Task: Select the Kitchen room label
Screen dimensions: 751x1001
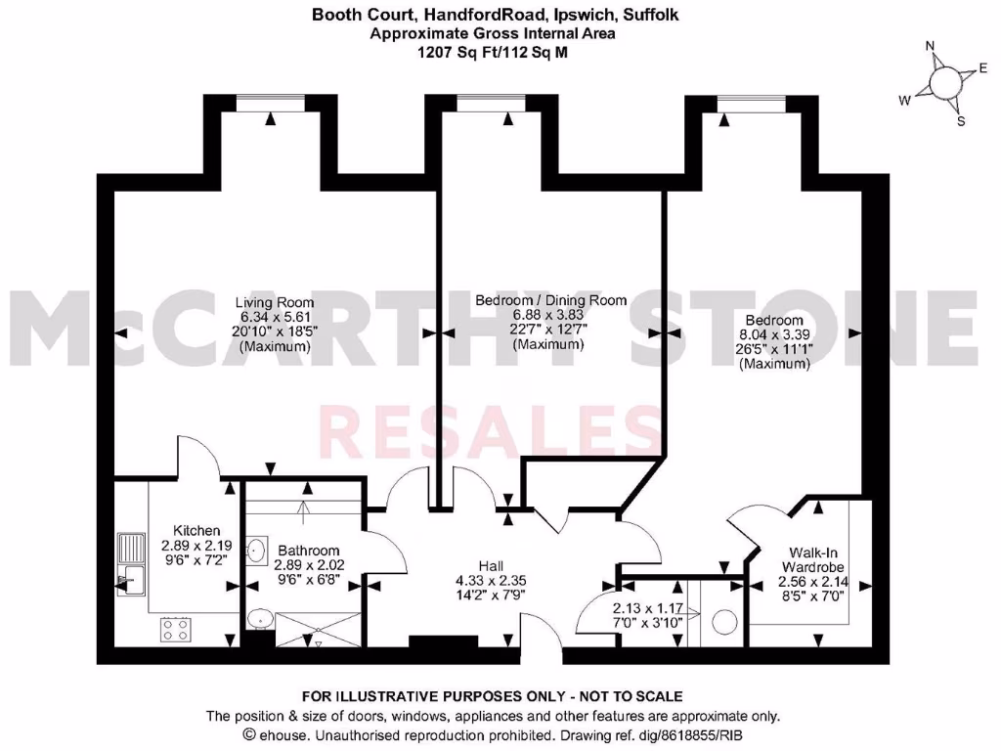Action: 196,531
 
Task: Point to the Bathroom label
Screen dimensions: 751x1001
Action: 307,551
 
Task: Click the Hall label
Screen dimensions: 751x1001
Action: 491,566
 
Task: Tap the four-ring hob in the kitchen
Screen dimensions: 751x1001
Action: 176,629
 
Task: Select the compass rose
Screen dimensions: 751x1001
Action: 943,83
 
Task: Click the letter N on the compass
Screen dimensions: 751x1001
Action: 931,46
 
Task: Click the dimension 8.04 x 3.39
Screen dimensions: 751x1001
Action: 774,334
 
